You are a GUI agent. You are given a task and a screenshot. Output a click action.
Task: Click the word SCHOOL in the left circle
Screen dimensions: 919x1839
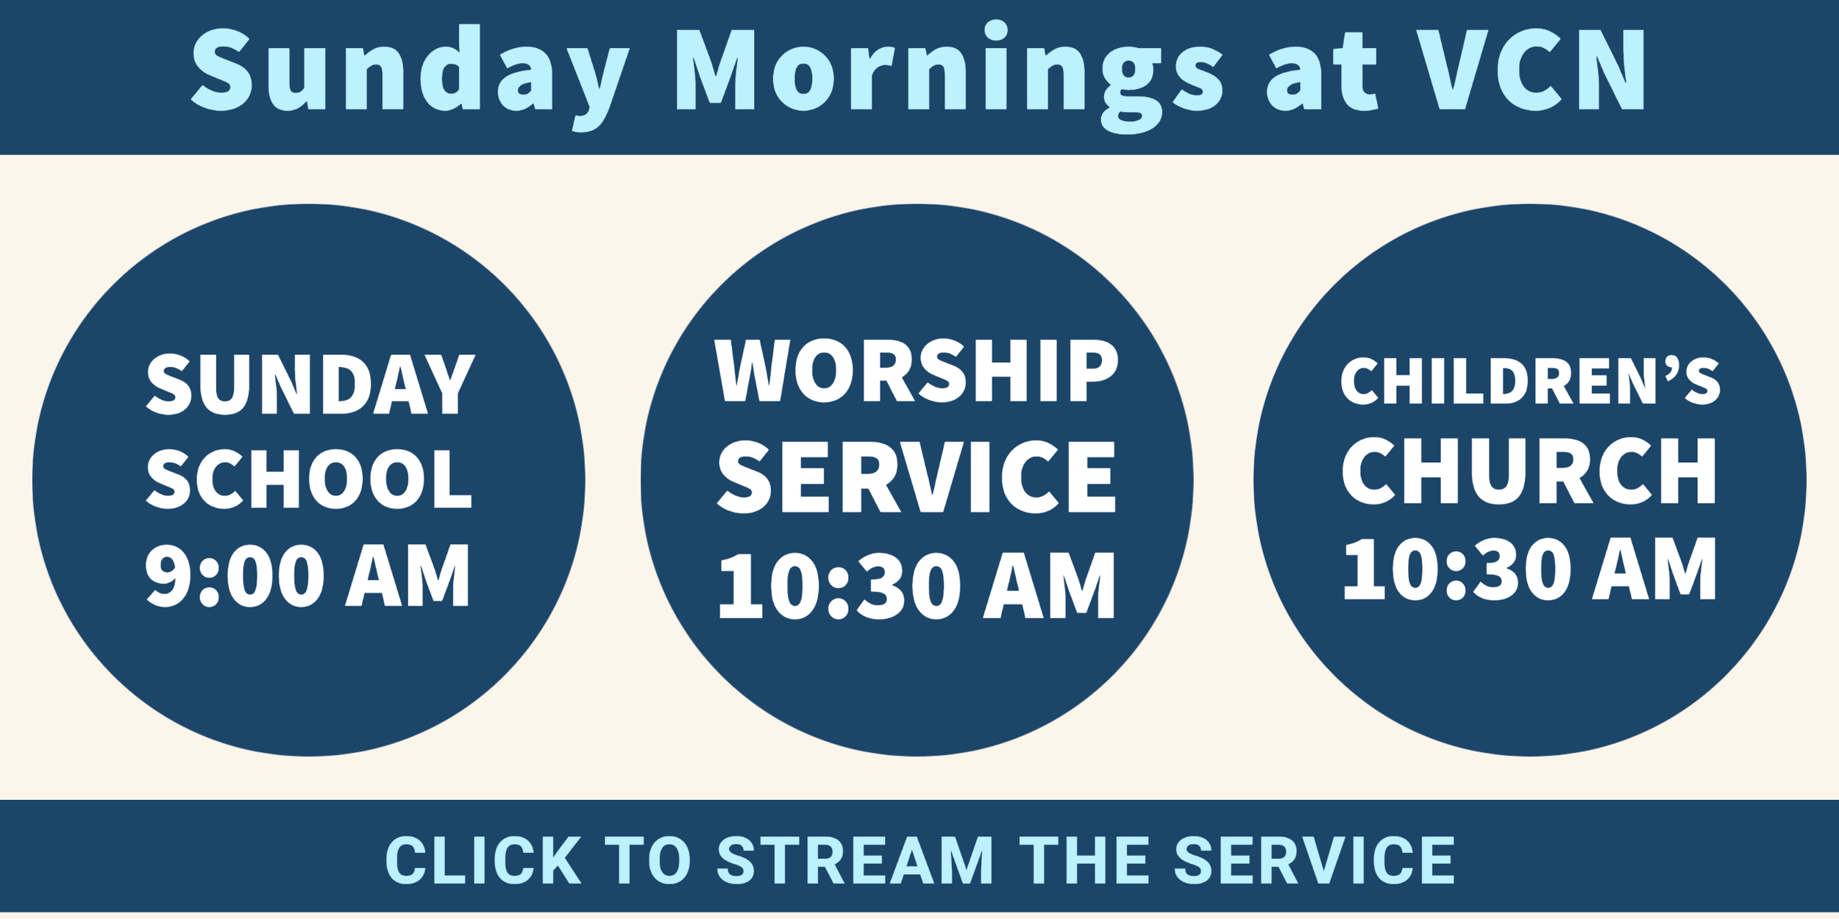click(309, 479)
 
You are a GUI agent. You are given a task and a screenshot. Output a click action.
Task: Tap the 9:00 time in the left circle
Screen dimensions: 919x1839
click(235, 576)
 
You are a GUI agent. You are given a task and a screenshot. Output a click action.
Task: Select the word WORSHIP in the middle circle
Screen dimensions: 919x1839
click(917, 371)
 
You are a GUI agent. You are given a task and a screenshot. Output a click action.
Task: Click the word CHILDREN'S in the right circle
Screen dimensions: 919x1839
click(1530, 382)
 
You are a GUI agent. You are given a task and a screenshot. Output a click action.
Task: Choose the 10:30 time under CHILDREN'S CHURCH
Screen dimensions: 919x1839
click(1452, 570)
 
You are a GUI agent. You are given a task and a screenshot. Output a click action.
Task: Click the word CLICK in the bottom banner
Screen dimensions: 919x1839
click(483, 860)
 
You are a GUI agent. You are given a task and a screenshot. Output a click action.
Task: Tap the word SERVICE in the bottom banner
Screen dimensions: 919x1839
click(1315, 860)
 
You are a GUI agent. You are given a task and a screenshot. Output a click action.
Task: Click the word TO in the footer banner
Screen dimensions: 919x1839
click(648, 860)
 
